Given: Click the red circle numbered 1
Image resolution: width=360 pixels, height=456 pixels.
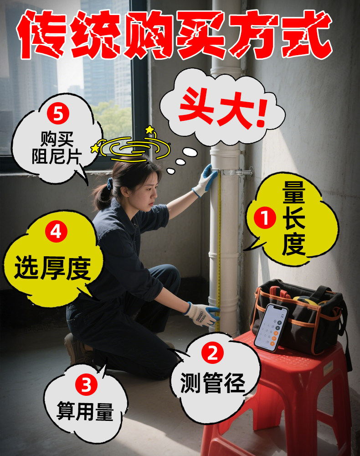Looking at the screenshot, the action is (x=265, y=218).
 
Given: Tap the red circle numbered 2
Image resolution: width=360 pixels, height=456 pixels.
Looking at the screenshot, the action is (x=213, y=353).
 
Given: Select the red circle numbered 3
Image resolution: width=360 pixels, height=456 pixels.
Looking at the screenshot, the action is (x=86, y=385).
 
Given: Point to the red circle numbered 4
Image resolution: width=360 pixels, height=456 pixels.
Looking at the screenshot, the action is (x=57, y=232).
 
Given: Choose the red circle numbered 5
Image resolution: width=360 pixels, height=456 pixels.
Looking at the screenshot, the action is (x=58, y=114).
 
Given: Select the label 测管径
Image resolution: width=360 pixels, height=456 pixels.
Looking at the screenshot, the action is (x=213, y=383).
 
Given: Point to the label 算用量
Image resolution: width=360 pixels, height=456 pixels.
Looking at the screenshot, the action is (x=85, y=411).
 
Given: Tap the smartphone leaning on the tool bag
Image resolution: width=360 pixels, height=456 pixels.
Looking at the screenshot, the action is (x=271, y=327).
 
